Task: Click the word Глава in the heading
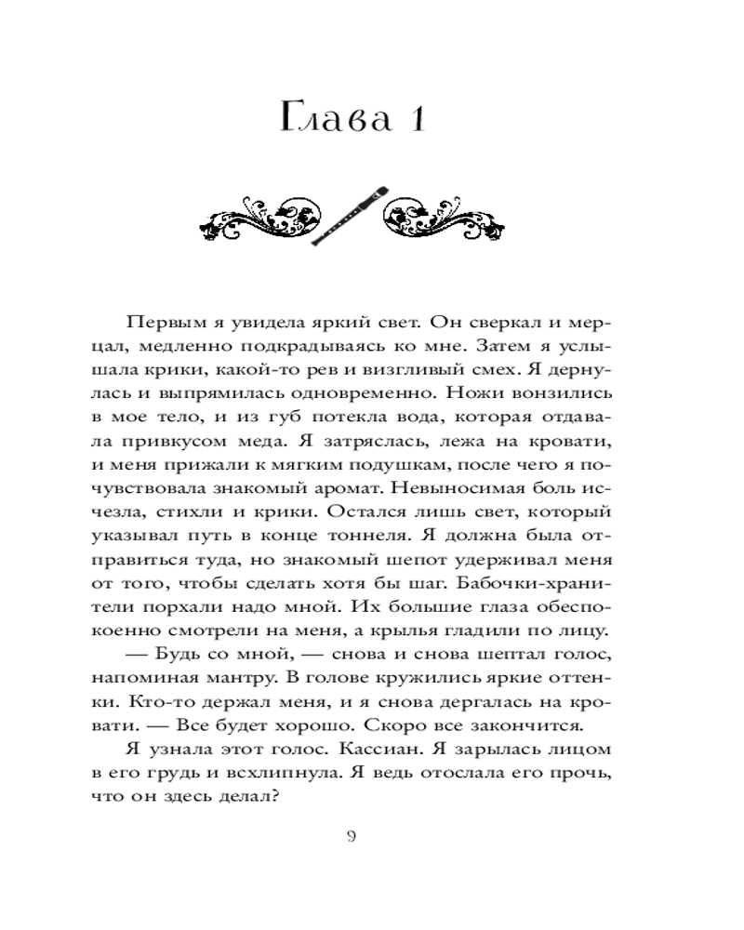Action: pos(335,121)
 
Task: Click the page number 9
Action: pos(351,835)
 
